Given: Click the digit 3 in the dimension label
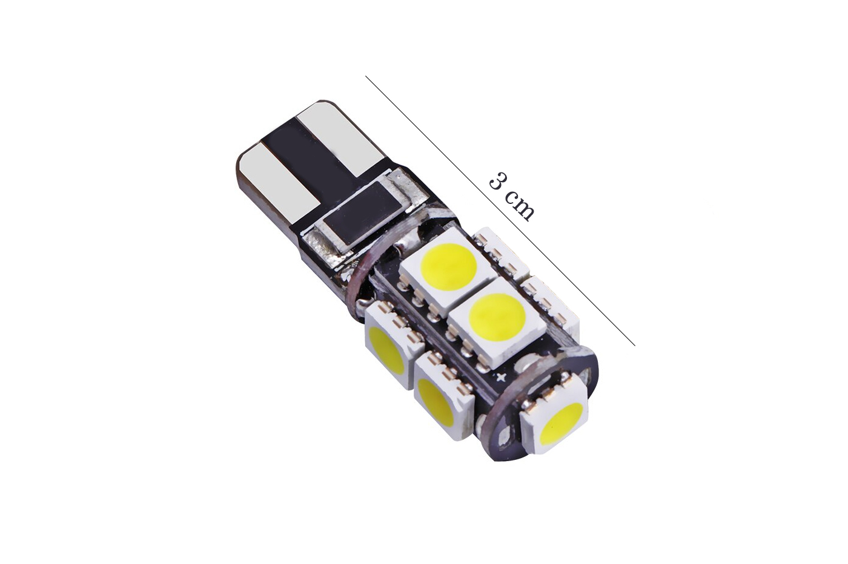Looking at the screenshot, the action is click(x=498, y=180).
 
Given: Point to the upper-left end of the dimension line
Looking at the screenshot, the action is click(x=366, y=77).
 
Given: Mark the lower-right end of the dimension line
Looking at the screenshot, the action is click(x=635, y=346).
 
